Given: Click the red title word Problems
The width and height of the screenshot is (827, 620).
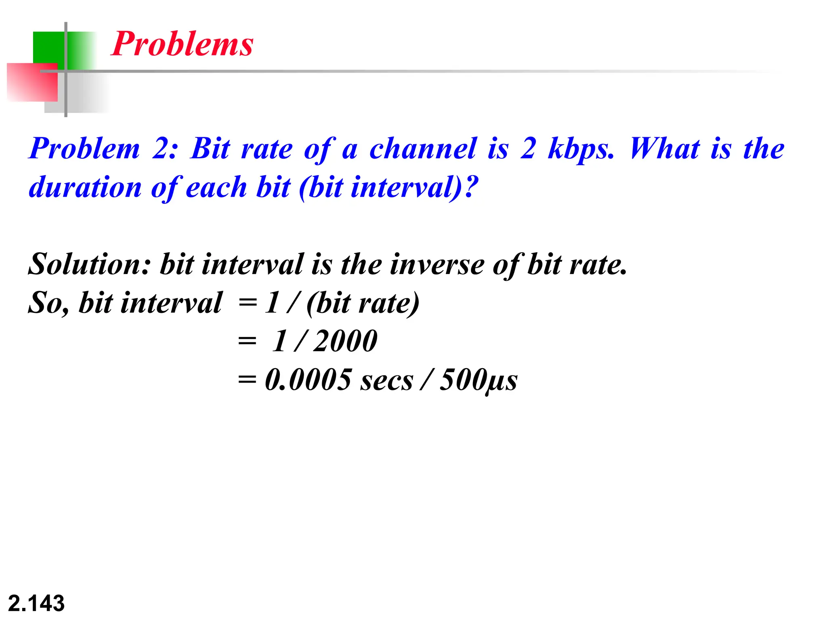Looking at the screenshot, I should click(x=182, y=44).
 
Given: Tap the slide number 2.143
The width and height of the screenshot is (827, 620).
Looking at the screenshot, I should click(x=36, y=603).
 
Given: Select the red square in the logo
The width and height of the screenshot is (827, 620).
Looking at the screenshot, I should click(x=32, y=82).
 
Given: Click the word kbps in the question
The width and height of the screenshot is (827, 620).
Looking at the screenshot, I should click(x=581, y=149).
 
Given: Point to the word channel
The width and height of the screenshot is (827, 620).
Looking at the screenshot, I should click(x=423, y=149).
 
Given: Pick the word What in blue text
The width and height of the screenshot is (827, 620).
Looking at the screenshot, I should click(x=664, y=149).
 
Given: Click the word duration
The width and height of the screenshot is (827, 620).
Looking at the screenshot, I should click(x=85, y=187).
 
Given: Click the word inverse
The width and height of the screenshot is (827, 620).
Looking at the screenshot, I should click(x=437, y=265).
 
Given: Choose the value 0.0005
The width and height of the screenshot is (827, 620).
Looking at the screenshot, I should click(x=308, y=379).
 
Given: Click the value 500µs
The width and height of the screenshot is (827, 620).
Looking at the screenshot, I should click(x=479, y=380).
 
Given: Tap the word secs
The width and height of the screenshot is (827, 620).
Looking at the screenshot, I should click(x=386, y=380).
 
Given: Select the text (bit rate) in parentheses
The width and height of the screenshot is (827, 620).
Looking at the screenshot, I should click(x=363, y=303).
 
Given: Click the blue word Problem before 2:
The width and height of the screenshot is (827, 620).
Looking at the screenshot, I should click(x=84, y=149).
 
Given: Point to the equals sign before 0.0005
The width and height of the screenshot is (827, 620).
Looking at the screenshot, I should click(x=247, y=380).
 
